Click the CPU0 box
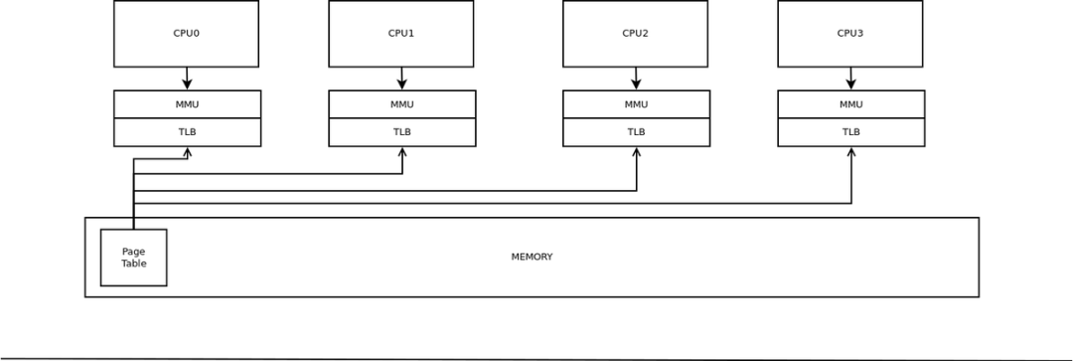(186, 34)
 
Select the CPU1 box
(400, 34)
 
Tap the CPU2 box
(635, 34)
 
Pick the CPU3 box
(849, 34)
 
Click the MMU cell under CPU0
(187, 104)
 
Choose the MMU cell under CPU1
(401, 104)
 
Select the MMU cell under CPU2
(636, 104)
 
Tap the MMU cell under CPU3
(850, 104)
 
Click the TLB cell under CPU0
(187, 132)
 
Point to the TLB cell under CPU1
(401, 132)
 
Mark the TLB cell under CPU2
(636, 132)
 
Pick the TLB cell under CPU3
(850, 132)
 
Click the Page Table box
(133, 258)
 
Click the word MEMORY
(532, 257)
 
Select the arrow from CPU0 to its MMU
(187, 79)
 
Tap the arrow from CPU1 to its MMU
(401, 79)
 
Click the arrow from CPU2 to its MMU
(636, 79)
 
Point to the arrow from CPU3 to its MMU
(850, 79)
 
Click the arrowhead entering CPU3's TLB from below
(851, 152)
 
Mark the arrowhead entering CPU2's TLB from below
(637, 152)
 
